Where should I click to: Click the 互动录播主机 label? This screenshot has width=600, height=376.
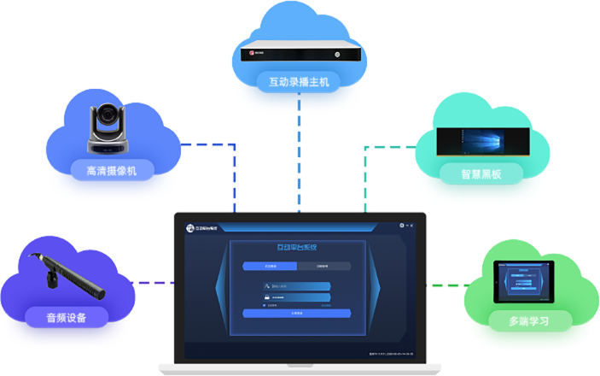[x=299, y=82]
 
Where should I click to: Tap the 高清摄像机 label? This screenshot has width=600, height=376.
[x=111, y=170]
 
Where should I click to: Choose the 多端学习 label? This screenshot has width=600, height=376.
[x=518, y=321]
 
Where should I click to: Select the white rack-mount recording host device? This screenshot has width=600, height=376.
[x=298, y=50]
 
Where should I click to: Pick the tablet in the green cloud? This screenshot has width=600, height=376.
[x=524, y=281]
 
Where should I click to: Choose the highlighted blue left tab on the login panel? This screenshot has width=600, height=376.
[x=269, y=266]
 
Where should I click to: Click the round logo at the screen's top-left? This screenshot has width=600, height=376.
[x=191, y=227]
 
